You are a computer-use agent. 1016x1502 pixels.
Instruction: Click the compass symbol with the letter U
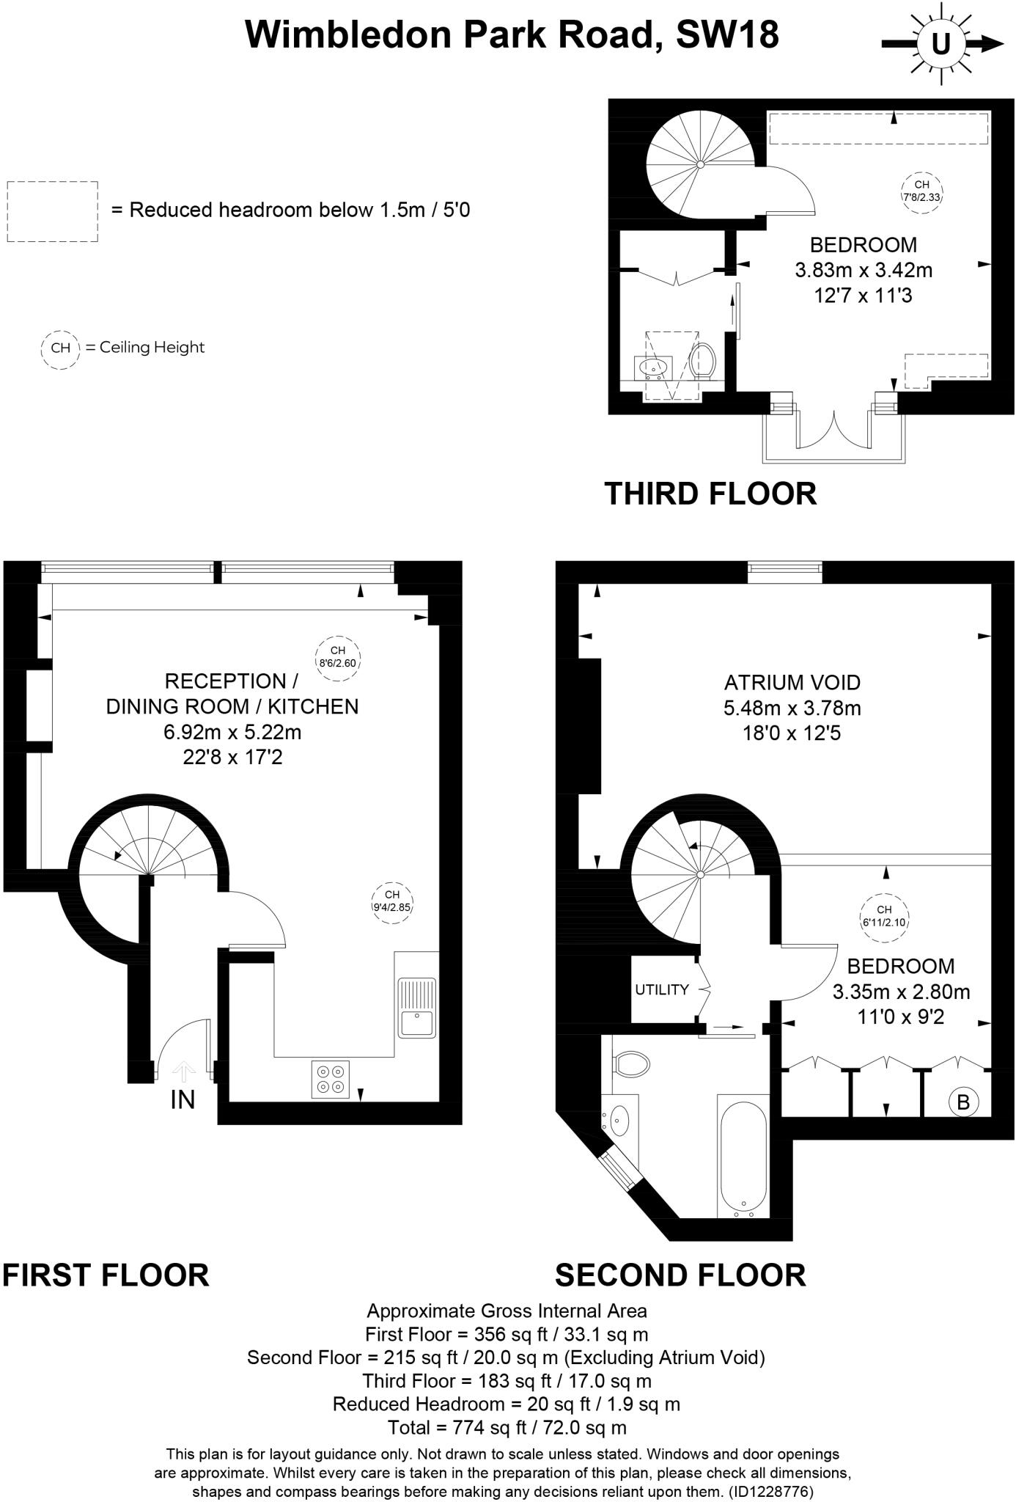pyautogui.click(x=940, y=45)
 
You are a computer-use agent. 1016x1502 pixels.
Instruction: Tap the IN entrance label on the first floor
pyautogui.click(x=183, y=1099)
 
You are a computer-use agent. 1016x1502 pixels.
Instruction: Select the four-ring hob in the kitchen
pyautogui.click(x=330, y=1080)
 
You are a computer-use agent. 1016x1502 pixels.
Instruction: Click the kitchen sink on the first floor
pyautogui.click(x=416, y=1007)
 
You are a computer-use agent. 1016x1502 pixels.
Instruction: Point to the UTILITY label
pyautogui.click(x=661, y=989)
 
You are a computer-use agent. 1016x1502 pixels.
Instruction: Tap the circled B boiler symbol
pyautogui.click(x=963, y=1102)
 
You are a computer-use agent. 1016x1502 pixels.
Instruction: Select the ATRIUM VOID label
pyautogui.click(x=792, y=683)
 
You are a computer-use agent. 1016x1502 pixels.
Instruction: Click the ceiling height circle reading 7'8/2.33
pyautogui.click(x=921, y=191)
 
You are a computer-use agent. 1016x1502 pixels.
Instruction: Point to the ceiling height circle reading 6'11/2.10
pyautogui.click(x=884, y=916)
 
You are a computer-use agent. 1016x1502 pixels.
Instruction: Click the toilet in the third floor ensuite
pyautogui.click(x=702, y=360)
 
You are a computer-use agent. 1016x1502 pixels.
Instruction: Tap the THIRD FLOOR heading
pyautogui.click(x=710, y=494)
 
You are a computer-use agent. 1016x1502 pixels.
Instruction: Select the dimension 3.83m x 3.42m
pyautogui.click(x=864, y=270)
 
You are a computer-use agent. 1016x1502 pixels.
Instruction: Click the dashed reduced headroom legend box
pyautogui.click(x=52, y=211)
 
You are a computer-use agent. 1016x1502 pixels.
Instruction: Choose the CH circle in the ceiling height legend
pyautogui.click(x=60, y=348)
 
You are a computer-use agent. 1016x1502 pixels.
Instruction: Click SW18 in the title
pyautogui.click(x=727, y=34)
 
